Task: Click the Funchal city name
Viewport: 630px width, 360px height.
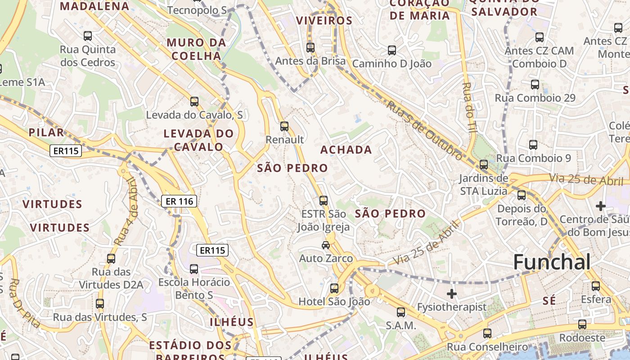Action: click(x=552, y=262)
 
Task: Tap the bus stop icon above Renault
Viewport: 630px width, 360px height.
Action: click(x=284, y=126)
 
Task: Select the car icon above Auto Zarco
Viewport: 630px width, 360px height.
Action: click(x=325, y=245)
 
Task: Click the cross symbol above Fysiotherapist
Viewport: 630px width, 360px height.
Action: click(x=452, y=294)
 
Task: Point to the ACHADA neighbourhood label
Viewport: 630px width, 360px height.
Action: click(x=346, y=150)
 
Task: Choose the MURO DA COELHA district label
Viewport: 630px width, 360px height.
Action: click(x=196, y=49)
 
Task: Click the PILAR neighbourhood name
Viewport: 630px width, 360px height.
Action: click(x=46, y=132)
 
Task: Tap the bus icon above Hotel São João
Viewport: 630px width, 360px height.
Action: click(x=334, y=288)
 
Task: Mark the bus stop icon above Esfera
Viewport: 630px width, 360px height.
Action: click(x=596, y=286)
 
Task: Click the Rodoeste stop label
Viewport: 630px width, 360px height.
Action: click(x=582, y=337)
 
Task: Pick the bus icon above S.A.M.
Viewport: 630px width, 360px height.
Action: click(x=401, y=312)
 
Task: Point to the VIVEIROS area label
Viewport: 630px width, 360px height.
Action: click(x=324, y=21)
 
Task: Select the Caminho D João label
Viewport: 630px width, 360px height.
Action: click(x=391, y=64)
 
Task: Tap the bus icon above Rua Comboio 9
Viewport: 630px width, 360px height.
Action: click(x=533, y=145)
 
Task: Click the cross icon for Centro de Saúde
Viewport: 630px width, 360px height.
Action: click(x=601, y=206)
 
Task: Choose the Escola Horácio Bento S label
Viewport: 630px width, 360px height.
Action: click(x=194, y=288)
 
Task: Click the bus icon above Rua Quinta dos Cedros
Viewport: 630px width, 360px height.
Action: click(x=88, y=36)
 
